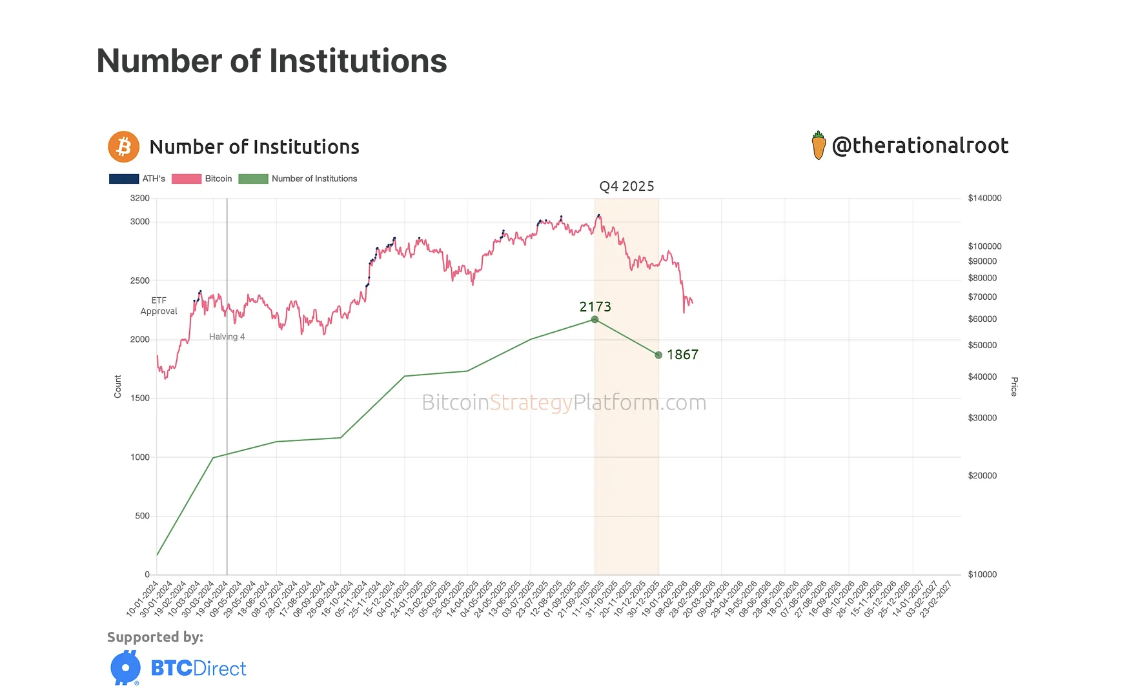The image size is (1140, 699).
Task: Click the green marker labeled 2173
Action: coord(595,320)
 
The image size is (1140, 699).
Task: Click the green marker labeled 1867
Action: coord(658,355)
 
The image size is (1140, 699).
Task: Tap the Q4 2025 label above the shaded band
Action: coord(626,186)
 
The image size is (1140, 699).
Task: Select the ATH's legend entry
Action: coord(137,179)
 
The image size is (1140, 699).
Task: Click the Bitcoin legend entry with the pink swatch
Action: coord(201,179)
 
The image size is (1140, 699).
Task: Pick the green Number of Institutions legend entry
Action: coord(298,179)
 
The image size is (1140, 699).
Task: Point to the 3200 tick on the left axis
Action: coord(140,198)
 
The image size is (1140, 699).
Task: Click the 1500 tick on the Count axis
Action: coord(140,398)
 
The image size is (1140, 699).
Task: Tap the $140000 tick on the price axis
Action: coord(984,198)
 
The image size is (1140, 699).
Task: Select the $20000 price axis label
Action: coord(982,475)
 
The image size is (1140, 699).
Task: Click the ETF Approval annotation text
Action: coord(159,306)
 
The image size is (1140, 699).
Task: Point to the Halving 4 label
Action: coord(227,337)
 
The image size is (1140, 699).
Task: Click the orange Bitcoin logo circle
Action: coord(123,147)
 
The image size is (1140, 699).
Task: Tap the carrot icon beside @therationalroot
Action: coord(819,146)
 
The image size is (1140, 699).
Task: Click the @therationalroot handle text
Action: coord(920,146)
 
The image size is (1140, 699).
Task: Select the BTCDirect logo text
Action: coord(198,668)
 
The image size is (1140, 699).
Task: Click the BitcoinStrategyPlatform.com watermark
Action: coord(564,402)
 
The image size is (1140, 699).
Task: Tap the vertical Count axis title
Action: coord(117,386)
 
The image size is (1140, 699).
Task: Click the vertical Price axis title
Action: coord(1013,386)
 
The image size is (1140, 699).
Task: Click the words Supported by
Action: coord(155,637)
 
